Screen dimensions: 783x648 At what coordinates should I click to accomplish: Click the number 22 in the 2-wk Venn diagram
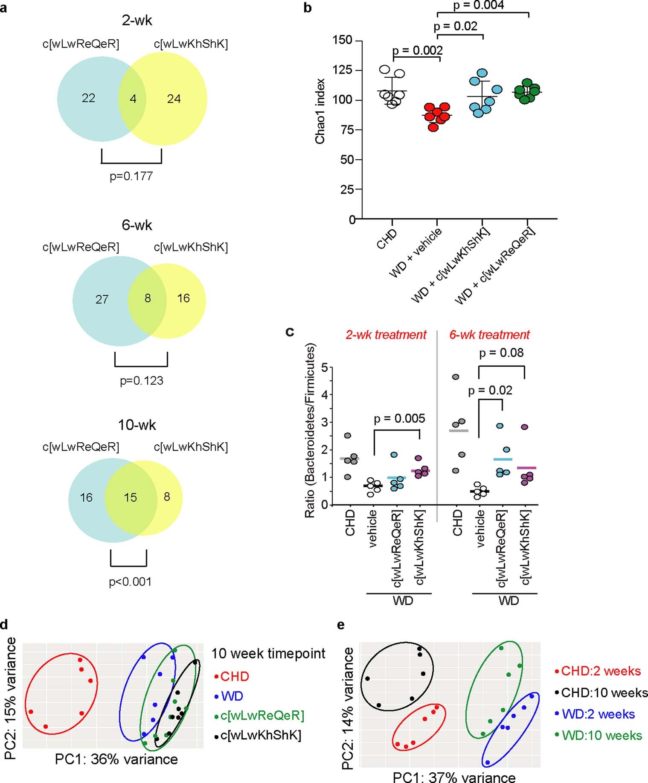tap(88, 98)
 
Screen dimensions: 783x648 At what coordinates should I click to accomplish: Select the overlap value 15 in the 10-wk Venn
tap(130, 497)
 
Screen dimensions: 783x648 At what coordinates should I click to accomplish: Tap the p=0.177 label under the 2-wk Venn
tap(131, 176)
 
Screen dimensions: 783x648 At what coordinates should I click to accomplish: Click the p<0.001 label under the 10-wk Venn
tap(130, 582)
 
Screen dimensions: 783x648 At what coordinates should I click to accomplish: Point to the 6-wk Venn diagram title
tap(137, 225)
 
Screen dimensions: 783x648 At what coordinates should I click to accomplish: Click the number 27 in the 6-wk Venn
tap(102, 299)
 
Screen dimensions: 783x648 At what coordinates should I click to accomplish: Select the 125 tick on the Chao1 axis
tap(343, 70)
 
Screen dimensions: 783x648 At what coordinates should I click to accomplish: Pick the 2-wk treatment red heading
tap(386, 335)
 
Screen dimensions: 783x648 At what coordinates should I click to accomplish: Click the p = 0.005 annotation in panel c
tap(399, 418)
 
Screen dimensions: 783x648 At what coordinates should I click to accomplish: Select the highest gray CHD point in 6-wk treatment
tap(456, 377)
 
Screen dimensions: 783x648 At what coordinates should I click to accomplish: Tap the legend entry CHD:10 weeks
tap(604, 692)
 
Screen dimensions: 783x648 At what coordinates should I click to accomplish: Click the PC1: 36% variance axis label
tap(116, 759)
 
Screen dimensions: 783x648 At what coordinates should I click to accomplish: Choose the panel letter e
tap(340, 625)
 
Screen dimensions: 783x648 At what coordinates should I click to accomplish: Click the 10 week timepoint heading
tap(268, 654)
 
